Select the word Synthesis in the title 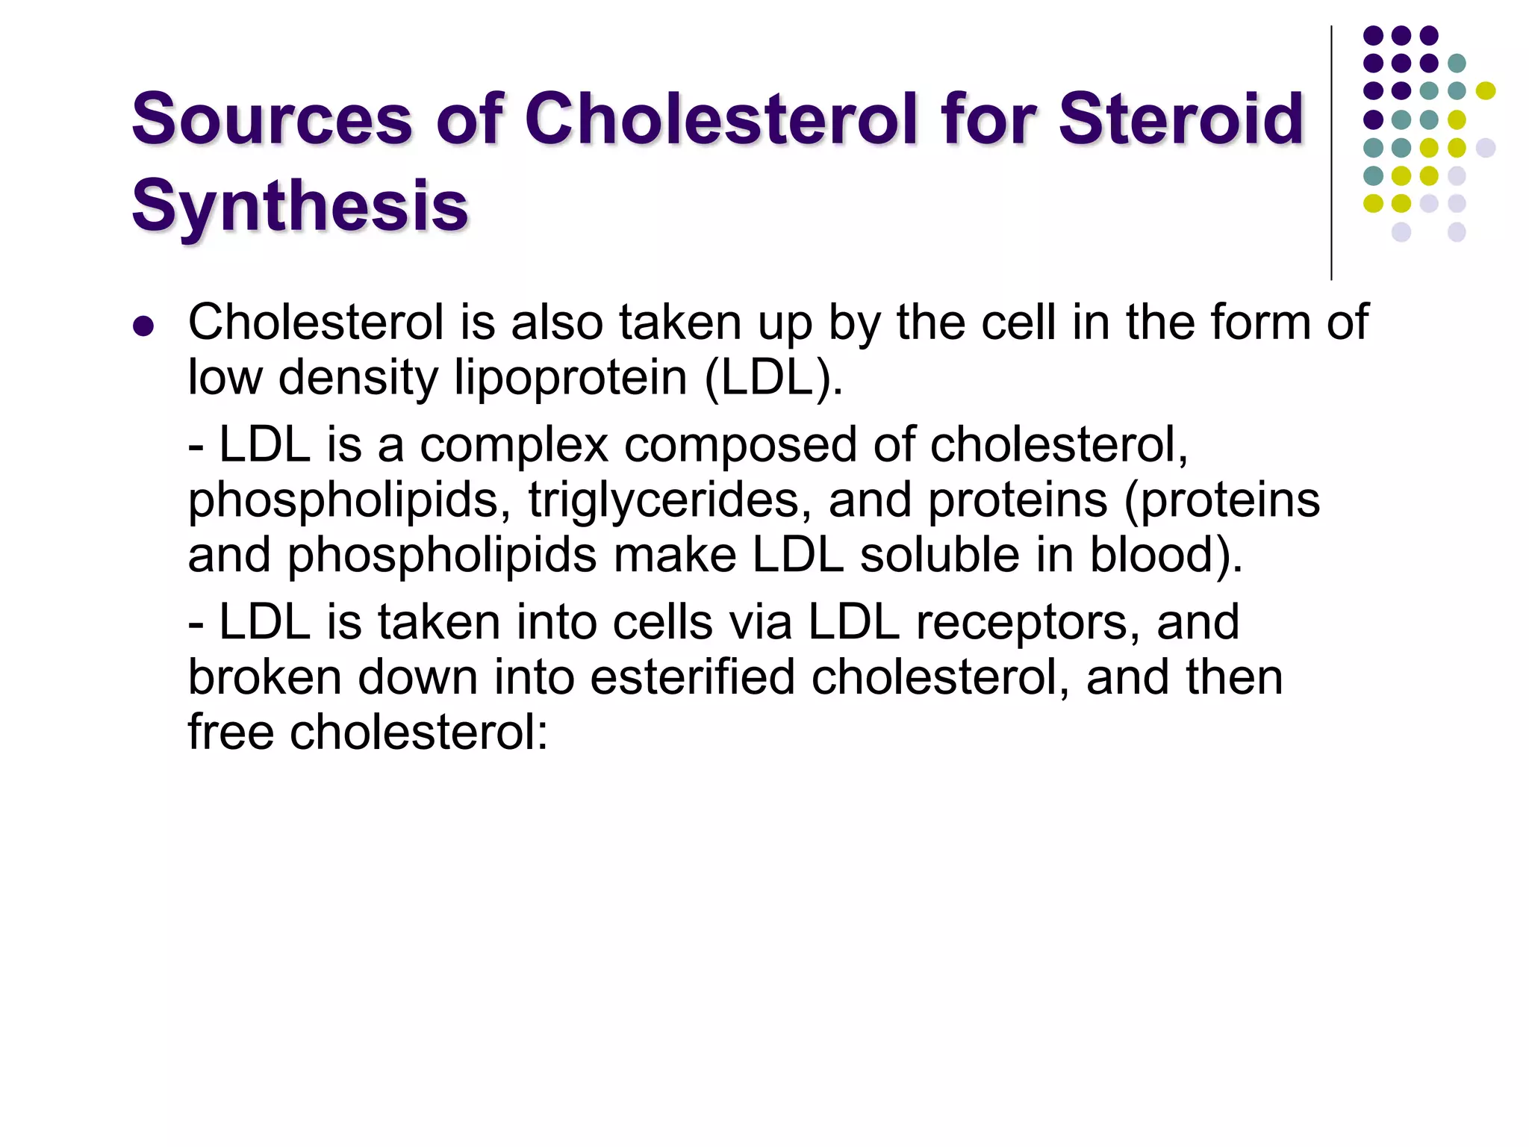(299, 206)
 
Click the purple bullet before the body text (143, 326)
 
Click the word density (358, 377)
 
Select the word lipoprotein (571, 377)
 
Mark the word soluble (966, 555)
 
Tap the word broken (265, 677)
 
